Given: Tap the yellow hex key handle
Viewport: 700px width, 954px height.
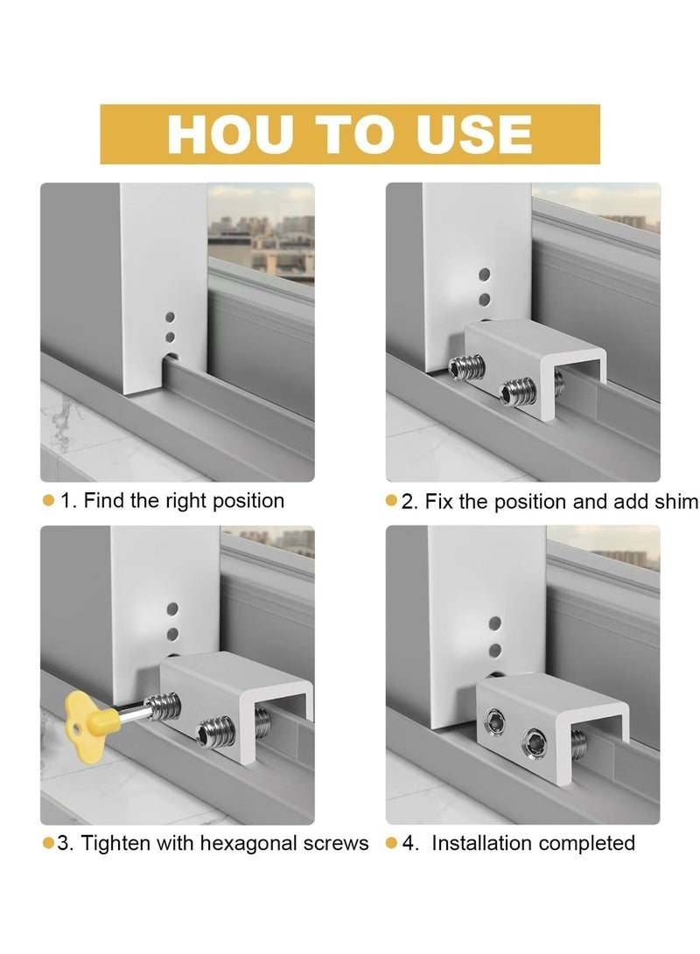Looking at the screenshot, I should pos(85,713).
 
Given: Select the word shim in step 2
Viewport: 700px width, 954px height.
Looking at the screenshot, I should pos(676,501).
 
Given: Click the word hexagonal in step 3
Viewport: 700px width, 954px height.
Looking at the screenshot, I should pos(249,844).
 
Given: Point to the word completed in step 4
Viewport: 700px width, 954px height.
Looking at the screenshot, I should pos(587,844).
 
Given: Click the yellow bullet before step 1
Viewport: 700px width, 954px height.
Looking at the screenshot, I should pos(48,501).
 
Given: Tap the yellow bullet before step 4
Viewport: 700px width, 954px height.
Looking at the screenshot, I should pos(392,844).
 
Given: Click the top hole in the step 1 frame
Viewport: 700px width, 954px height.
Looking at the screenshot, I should pos(171,317).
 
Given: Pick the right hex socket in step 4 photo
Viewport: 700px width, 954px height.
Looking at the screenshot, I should pos(531,744).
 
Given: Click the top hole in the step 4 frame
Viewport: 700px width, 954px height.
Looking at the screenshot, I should pos(494,623).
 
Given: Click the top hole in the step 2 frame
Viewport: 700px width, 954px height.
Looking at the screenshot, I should pos(484,274).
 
